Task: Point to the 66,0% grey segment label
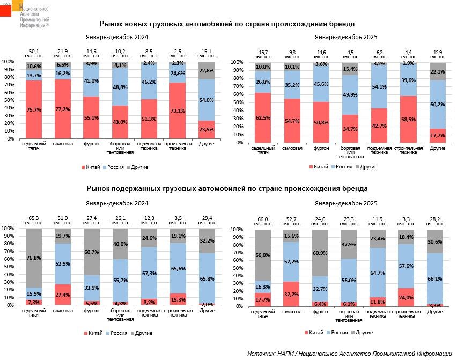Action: click(263, 255)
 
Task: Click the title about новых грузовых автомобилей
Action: click(227, 24)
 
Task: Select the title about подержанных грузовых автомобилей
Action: click(227, 189)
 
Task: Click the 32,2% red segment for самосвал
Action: click(292, 294)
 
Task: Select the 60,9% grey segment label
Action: click(321, 253)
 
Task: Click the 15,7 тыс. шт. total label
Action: click(263, 54)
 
